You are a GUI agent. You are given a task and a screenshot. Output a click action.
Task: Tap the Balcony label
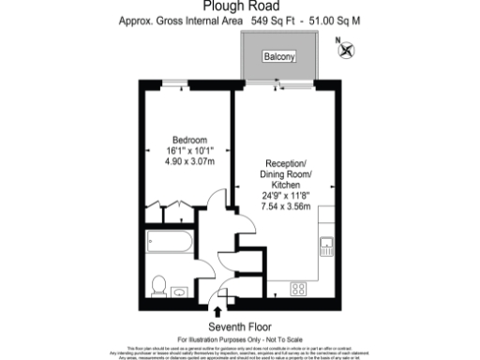(x=277, y=57)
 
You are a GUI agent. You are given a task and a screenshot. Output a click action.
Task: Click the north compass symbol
(x=347, y=51)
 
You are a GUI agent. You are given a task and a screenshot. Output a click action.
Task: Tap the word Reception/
(x=288, y=162)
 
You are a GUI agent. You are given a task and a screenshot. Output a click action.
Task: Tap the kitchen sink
(x=327, y=248)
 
